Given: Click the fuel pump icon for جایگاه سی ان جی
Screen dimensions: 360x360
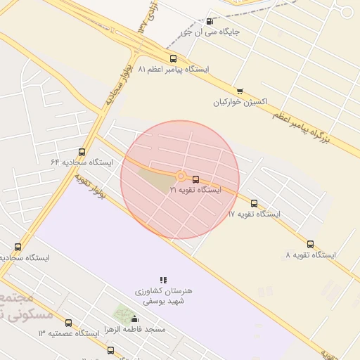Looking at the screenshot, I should (x=210, y=22).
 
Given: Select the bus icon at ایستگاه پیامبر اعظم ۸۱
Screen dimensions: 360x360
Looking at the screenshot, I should (x=173, y=59).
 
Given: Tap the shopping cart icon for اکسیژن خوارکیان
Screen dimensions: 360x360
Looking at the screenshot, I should (x=240, y=91).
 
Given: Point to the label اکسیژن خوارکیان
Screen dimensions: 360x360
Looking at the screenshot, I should (x=240, y=101).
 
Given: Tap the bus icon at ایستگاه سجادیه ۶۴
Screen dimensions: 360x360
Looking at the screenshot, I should (x=82, y=152).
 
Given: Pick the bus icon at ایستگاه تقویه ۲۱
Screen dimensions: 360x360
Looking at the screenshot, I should (x=195, y=179).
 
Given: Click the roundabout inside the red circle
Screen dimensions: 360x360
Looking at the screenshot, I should (x=181, y=176).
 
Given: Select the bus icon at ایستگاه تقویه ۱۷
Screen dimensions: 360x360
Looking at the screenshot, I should (x=254, y=203).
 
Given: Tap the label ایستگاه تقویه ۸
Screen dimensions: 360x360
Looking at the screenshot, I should (x=311, y=255).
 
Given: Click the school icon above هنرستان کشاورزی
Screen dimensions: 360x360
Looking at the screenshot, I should (x=163, y=280).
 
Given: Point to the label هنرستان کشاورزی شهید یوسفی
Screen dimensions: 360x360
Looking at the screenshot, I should (x=163, y=295).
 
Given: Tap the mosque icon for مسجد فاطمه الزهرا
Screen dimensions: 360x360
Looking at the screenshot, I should (x=135, y=319).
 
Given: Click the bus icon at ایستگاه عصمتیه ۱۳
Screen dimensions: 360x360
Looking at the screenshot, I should (x=68, y=323).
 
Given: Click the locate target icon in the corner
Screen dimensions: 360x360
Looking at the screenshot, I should (x=346, y=11).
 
